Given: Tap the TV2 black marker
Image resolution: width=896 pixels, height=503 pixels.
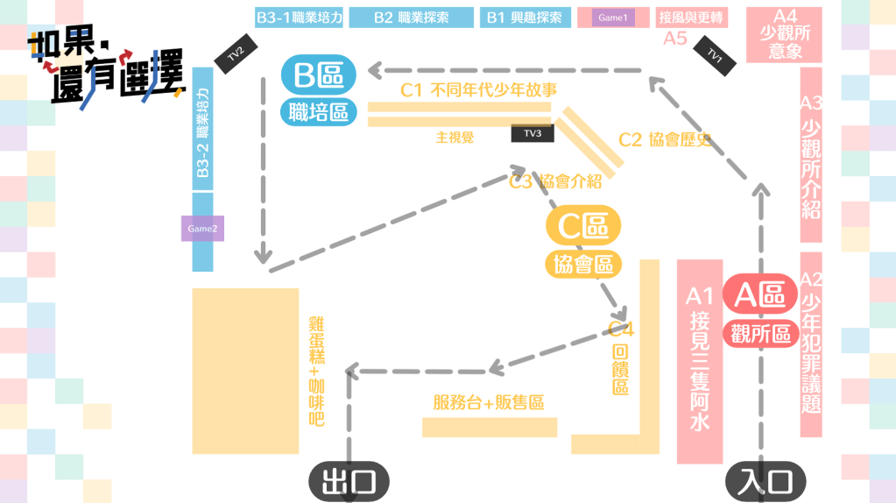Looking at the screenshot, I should (235, 55).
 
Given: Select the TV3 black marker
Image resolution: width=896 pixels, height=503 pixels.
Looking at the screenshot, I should (533, 133).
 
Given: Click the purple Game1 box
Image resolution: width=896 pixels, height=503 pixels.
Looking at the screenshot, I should (613, 18).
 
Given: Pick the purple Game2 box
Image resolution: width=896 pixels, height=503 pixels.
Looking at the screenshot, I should (202, 229).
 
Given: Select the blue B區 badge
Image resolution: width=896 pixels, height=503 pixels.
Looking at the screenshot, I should (319, 76).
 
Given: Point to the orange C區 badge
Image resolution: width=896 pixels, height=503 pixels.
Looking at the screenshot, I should (583, 226).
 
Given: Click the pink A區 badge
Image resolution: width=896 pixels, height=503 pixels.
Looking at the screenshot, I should (759, 294).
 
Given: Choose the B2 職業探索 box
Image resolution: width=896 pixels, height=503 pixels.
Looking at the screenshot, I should (411, 18).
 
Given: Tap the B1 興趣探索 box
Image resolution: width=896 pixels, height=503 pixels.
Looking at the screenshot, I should (524, 18).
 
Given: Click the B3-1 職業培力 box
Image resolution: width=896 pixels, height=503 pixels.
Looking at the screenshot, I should (299, 18).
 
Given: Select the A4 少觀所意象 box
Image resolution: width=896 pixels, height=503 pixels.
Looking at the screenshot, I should (785, 35).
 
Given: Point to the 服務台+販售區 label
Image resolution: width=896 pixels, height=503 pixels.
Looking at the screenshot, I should (489, 403).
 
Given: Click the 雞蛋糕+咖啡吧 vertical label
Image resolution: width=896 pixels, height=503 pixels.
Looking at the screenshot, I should (316, 371).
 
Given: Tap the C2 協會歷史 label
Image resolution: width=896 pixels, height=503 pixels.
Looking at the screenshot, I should (663, 139).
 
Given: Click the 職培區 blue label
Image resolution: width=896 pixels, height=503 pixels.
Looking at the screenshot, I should (319, 111).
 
